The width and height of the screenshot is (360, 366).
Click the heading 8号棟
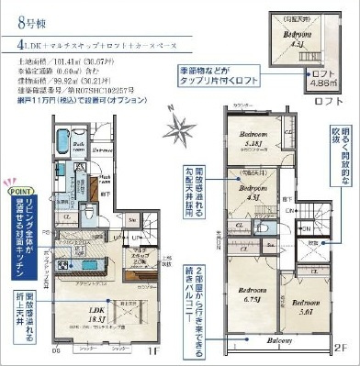26,17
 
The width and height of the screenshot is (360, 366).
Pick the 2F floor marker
341,349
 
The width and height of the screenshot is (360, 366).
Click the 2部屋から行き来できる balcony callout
199,308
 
